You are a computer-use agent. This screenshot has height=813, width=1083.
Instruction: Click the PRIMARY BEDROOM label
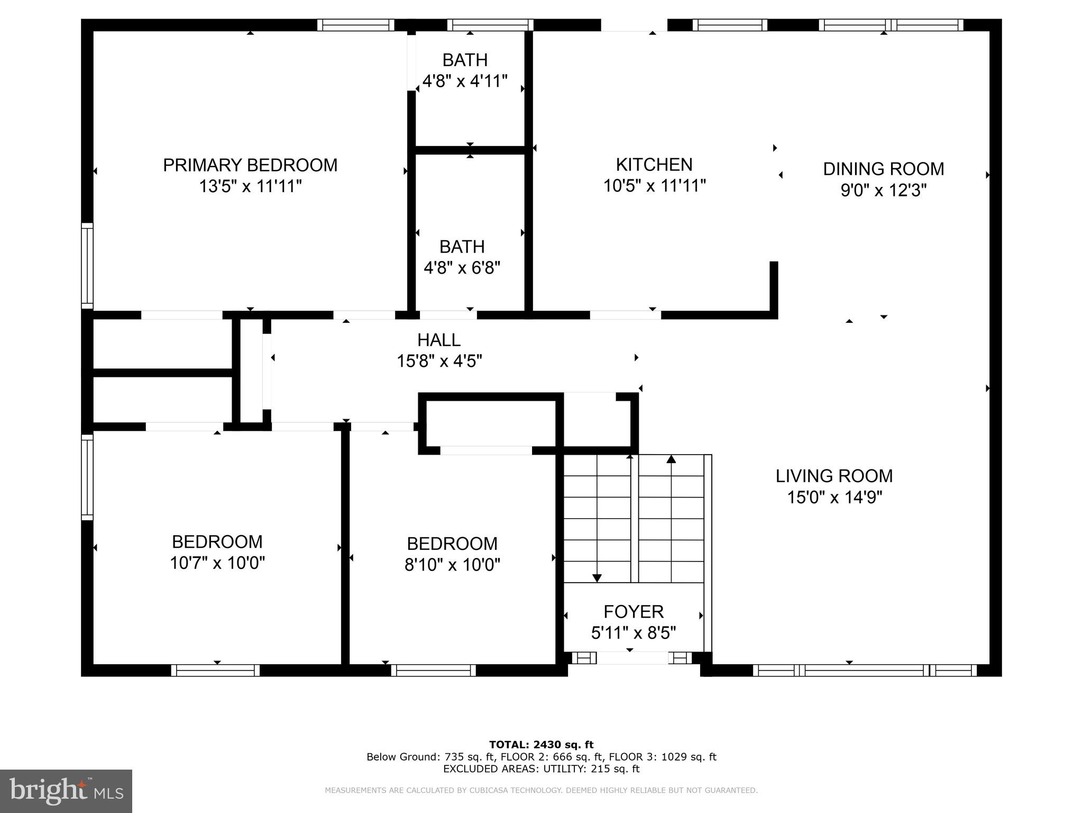point(250,165)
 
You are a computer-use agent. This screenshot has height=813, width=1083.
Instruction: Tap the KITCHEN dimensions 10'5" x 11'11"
point(654,186)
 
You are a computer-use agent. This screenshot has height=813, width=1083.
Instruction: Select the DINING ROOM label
point(883,169)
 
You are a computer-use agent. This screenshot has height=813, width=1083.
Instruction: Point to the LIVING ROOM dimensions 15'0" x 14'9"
point(834,498)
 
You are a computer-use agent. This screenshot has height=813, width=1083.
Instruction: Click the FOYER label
point(634,611)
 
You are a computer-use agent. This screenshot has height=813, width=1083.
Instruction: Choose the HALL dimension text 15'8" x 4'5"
point(439,361)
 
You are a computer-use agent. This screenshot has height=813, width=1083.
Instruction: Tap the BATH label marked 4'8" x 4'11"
point(465,60)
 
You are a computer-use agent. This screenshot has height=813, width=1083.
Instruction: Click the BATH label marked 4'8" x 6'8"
point(462,247)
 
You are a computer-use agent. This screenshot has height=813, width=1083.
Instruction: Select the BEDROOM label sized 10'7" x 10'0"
point(217,541)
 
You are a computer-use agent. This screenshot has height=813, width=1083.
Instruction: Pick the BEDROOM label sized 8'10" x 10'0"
point(452,544)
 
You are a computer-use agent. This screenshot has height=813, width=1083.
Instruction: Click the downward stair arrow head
point(597,578)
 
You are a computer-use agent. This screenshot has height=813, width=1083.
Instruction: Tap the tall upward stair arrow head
point(671,459)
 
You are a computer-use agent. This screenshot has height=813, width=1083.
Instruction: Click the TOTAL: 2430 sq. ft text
point(541,745)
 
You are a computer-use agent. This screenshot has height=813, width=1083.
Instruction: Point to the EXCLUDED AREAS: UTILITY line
point(541,769)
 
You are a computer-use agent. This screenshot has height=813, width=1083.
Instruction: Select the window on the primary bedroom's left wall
point(87,266)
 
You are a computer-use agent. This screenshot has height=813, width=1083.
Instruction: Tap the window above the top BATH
point(490,25)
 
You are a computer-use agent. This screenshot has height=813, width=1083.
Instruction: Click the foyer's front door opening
point(632,658)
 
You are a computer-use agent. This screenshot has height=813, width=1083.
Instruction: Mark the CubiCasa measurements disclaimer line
point(541,790)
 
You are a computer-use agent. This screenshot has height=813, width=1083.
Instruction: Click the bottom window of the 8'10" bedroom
point(434,670)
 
